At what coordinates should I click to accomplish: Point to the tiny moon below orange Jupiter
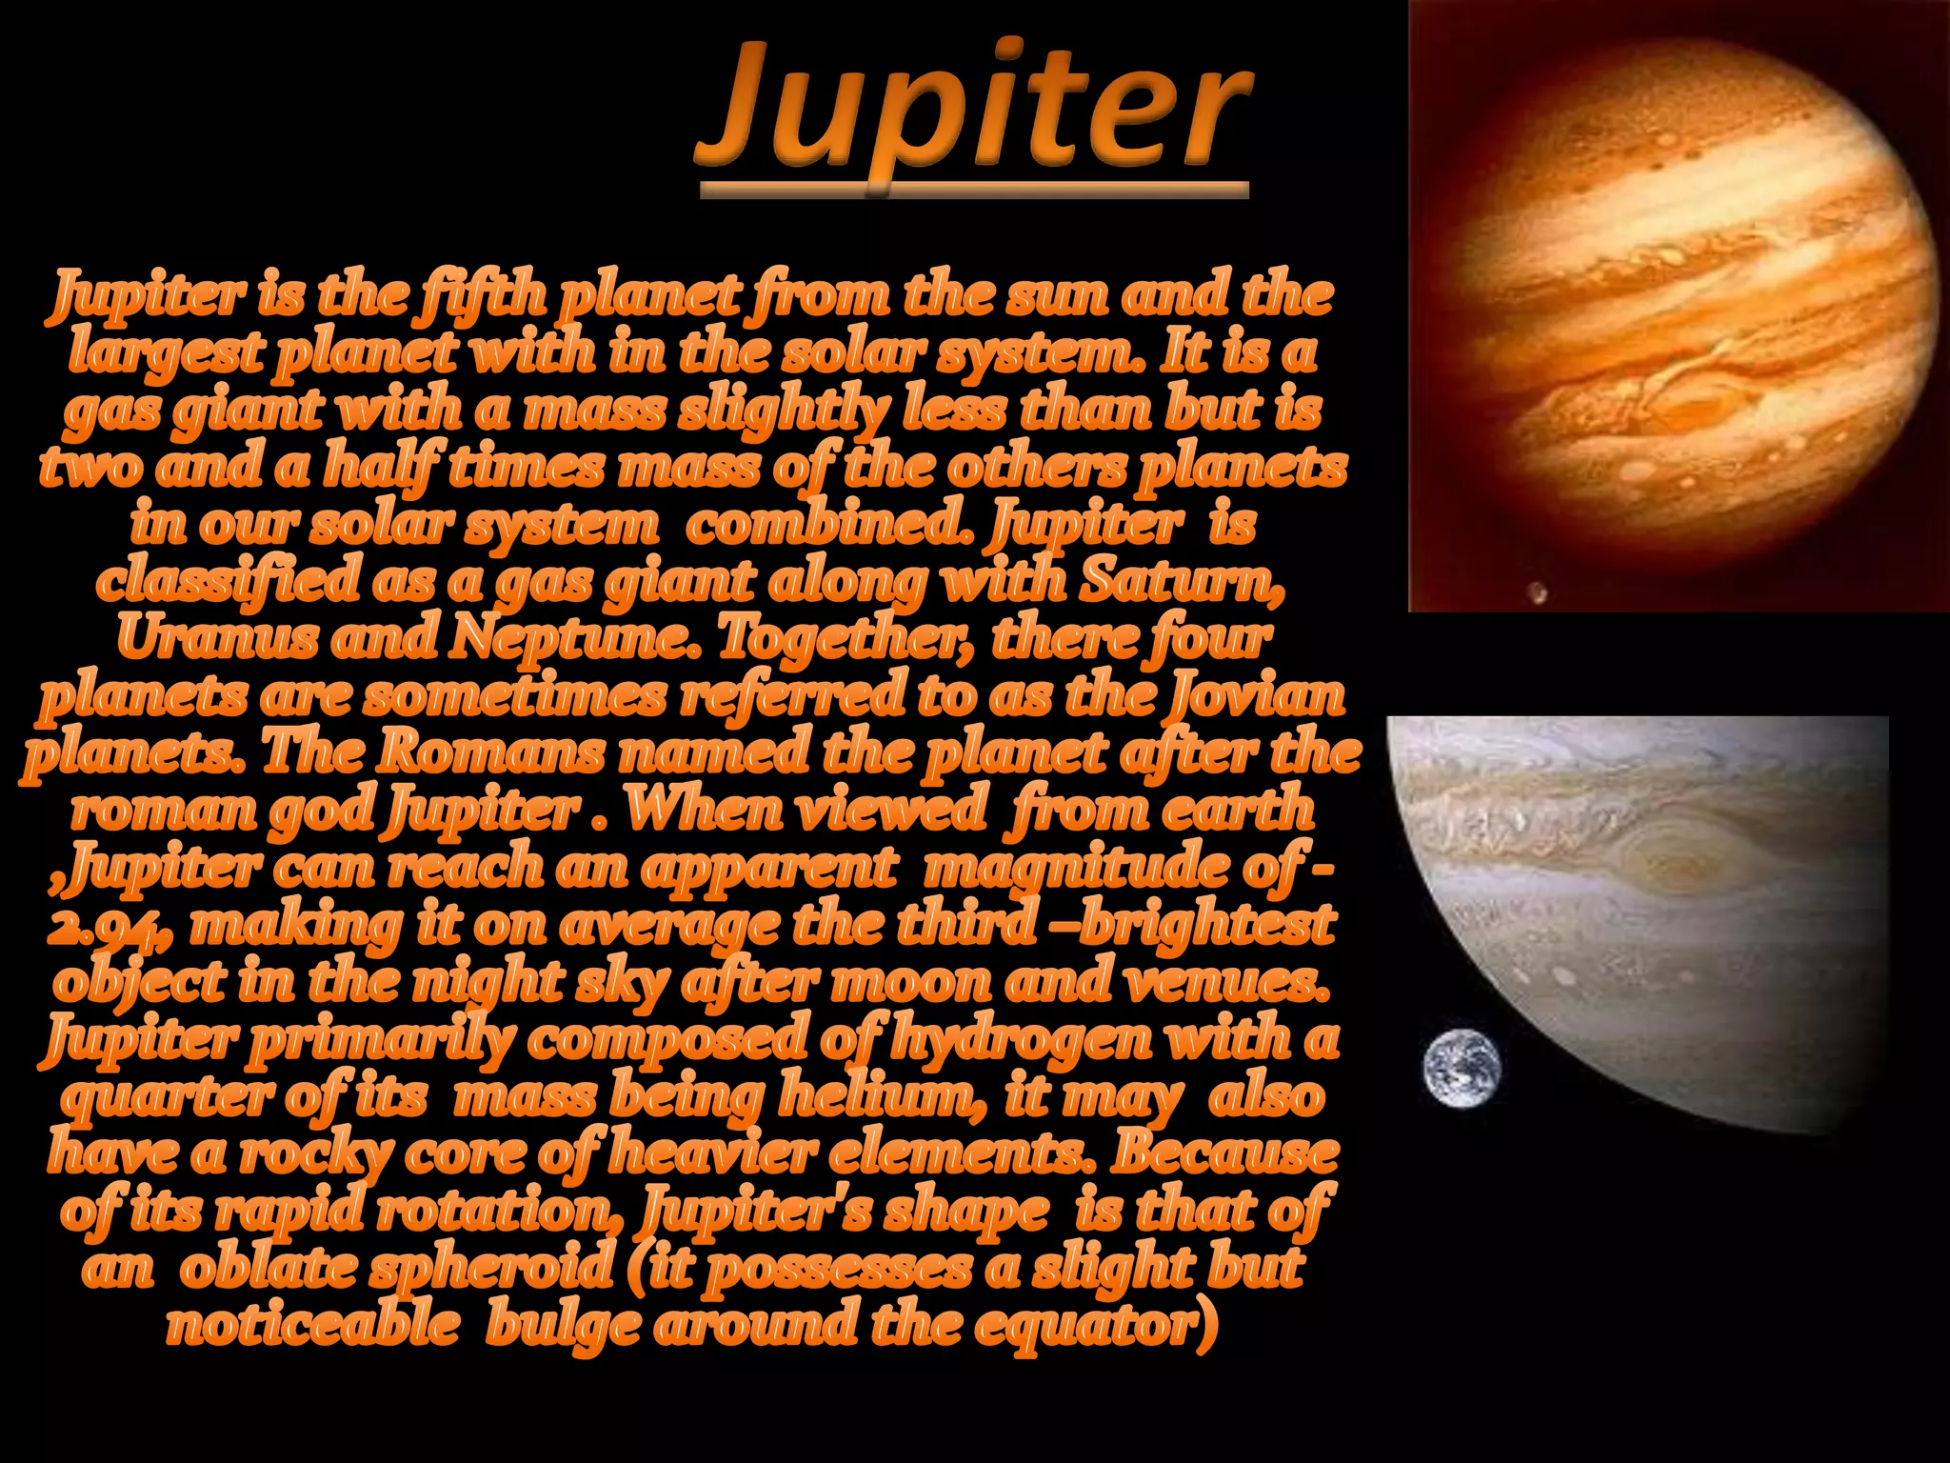tap(1536, 594)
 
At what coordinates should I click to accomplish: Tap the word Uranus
tap(216, 638)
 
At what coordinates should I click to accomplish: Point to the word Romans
tap(489, 752)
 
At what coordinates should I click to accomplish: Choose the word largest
tap(167, 353)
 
